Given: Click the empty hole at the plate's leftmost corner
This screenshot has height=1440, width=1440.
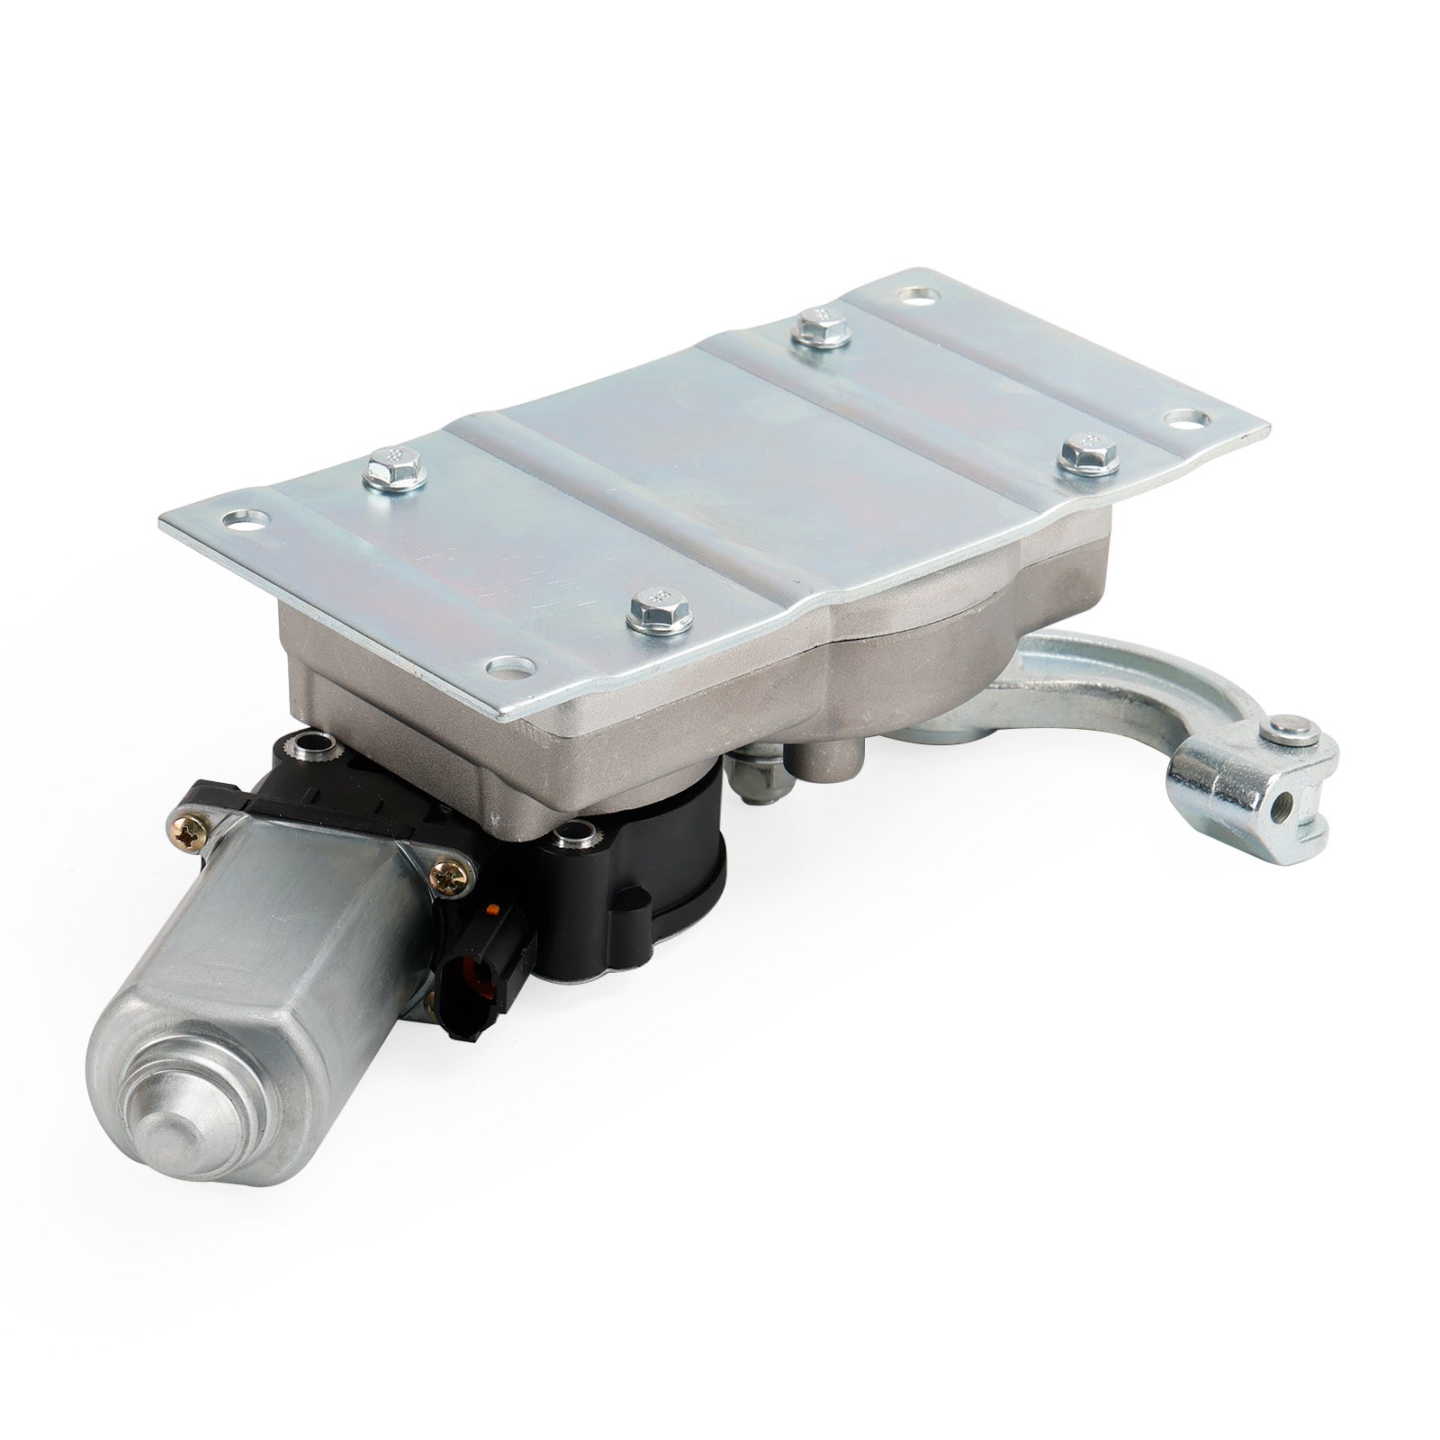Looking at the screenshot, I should tap(245, 520).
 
